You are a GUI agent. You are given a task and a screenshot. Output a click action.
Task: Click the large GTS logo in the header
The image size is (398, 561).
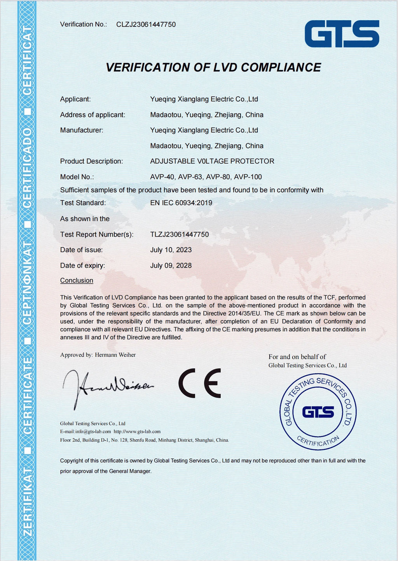[342, 34]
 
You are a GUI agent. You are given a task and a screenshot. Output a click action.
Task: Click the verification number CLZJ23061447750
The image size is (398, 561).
[146, 24]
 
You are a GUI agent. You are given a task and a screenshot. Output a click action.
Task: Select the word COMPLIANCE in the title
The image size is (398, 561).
[281, 68]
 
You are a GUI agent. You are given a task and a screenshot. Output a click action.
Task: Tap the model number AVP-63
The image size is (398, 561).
[190, 177]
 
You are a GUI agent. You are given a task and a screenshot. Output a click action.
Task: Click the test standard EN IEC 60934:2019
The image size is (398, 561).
[181, 203]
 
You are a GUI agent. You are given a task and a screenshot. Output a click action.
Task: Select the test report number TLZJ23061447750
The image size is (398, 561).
[180, 234]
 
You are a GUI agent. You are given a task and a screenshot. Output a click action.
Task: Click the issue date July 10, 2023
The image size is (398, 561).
[171, 250]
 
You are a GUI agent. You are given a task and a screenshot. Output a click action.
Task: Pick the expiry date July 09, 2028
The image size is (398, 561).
[171, 266]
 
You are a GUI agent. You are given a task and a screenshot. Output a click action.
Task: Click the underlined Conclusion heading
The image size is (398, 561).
[77, 280]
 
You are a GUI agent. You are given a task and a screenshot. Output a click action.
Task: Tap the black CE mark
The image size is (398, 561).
[200, 383]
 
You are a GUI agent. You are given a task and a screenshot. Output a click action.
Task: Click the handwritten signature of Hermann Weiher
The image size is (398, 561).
[107, 387]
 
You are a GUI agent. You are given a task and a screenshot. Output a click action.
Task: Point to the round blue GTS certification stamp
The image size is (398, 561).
[318, 412]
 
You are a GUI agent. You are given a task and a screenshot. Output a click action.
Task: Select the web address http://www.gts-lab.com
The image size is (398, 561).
[137, 432]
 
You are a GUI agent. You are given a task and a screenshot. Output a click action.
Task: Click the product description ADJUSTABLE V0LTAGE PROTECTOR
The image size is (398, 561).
[212, 161]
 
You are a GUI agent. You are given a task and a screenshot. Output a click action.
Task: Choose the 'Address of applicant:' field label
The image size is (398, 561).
[93, 115]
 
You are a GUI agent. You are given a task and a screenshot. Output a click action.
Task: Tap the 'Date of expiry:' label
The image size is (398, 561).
[82, 266]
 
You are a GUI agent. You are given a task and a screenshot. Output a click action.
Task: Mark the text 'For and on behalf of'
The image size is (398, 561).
[297, 357]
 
